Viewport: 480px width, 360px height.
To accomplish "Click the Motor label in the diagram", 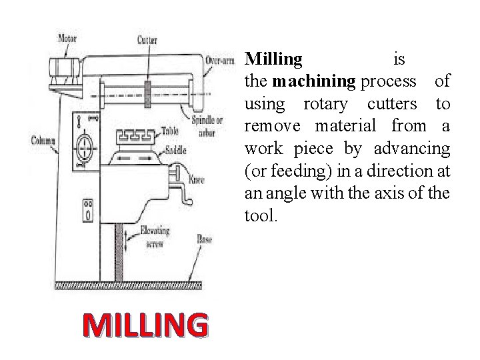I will (67, 39).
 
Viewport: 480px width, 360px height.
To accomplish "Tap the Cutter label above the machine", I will (147, 40).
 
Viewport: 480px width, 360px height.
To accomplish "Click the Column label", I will (43, 141).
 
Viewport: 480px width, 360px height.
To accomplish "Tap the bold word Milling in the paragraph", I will (273, 59).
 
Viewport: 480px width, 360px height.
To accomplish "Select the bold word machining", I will (314, 82).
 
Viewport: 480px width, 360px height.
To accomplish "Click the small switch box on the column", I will (87, 209).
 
